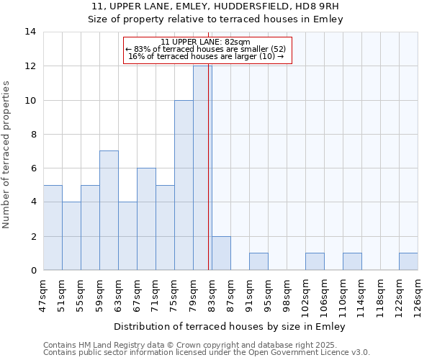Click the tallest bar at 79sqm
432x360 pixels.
point(202,168)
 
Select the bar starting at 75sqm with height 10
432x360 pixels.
point(184,185)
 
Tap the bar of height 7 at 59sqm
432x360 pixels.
point(109,210)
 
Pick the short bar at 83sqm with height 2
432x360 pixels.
point(221,253)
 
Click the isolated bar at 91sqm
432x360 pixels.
point(258,261)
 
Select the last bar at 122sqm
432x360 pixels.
point(408,261)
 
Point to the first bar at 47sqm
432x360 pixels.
point(53,228)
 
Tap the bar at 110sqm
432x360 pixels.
point(352,261)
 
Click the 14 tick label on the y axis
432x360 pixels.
point(30,32)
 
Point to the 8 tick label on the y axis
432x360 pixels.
point(32,134)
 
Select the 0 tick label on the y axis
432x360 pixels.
point(32,271)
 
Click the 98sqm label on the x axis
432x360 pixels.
point(287,294)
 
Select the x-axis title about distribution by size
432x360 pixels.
point(230,326)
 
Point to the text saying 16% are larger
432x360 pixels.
point(207,56)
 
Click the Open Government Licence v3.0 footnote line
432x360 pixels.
point(207,352)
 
